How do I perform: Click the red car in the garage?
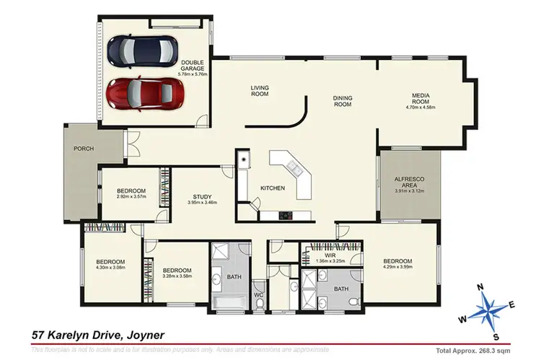click(x=144, y=93)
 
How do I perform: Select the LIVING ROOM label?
click(x=260, y=91)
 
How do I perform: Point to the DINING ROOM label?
click(x=342, y=101)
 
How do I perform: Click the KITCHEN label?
click(x=273, y=188)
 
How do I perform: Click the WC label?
click(x=258, y=296)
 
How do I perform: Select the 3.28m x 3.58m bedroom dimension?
click(x=177, y=275)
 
